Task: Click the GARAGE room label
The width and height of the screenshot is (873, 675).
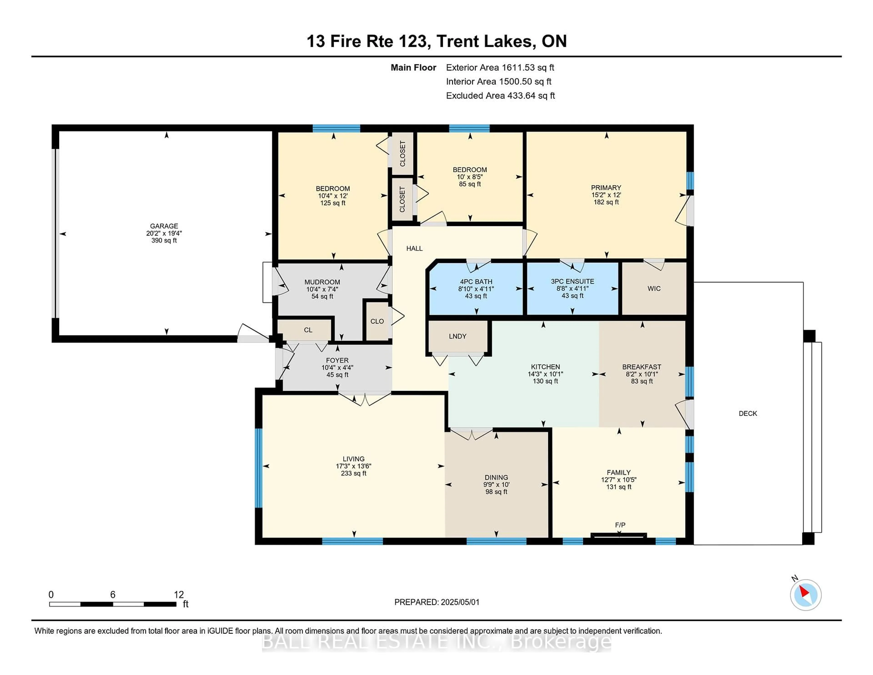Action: [164, 226]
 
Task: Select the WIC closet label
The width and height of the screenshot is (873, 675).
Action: [654, 288]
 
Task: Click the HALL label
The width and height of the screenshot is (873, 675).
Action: [414, 248]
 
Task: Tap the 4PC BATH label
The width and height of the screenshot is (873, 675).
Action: [476, 282]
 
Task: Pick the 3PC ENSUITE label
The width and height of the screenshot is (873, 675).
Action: [572, 282]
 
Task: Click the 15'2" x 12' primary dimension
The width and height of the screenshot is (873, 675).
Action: [606, 195]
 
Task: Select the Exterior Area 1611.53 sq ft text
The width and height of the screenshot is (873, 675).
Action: [500, 68]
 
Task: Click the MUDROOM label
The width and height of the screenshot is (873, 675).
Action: [322, 282]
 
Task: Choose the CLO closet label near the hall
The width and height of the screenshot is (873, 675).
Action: [377, 321]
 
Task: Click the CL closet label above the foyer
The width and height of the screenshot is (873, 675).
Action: [308, 330]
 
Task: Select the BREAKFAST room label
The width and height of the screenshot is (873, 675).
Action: [642, 367]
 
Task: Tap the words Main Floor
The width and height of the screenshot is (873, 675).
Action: [413, 68]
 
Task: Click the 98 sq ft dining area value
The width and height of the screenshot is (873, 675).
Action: [496, 491]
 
